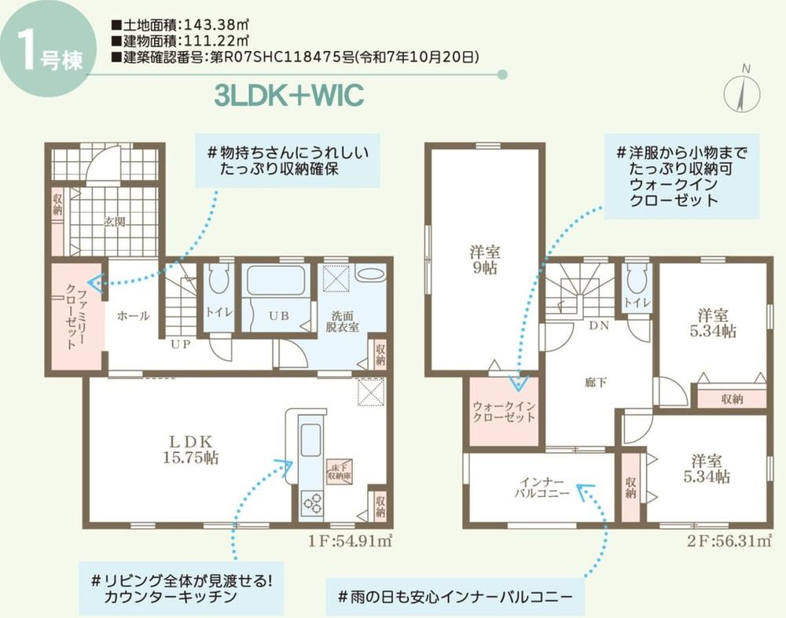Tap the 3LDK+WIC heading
289,95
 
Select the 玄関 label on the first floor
114,222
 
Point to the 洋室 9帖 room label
485,259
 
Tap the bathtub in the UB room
275,281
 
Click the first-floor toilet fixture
219,280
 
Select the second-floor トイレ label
637,303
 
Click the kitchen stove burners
311,500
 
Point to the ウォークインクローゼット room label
504,411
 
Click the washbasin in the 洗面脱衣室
369,274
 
